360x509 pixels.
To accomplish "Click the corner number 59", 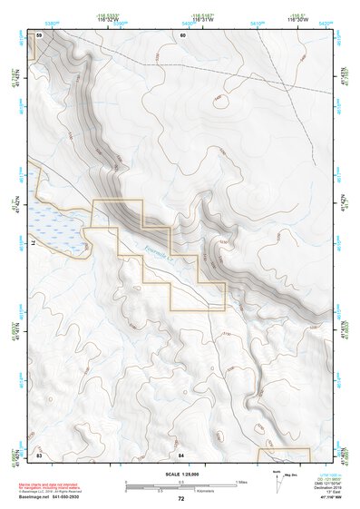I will (39, 34).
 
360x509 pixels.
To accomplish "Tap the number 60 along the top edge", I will (182, 34).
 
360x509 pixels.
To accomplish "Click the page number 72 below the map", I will (181, 499).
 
